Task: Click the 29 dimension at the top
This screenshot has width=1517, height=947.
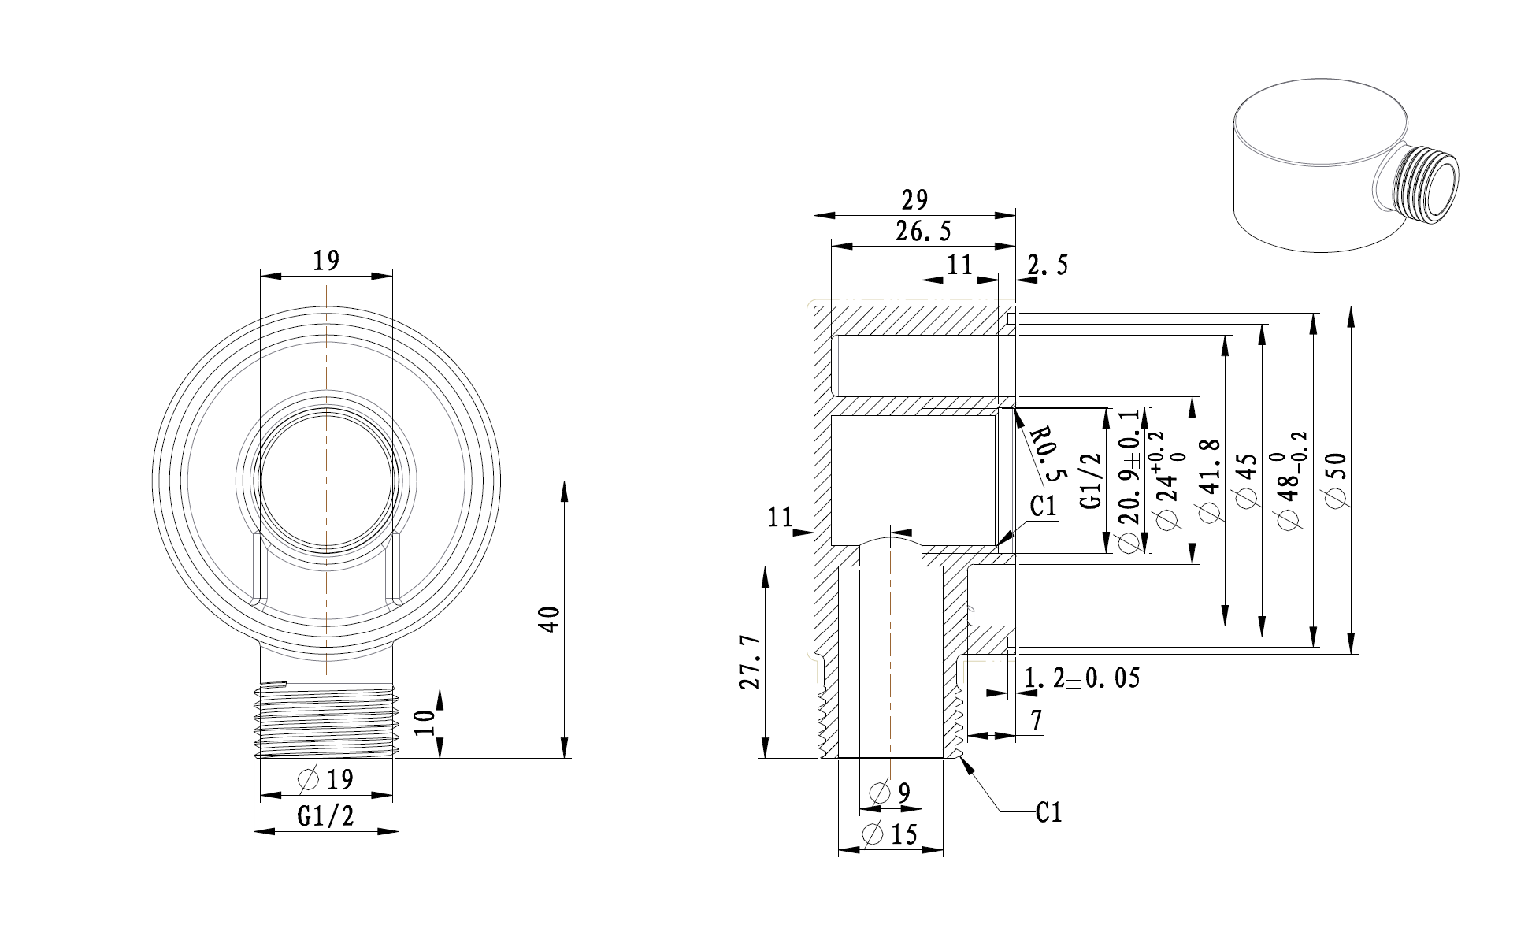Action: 914,200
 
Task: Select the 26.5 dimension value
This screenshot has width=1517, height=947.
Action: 923,232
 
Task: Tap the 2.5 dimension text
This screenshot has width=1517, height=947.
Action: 1048,266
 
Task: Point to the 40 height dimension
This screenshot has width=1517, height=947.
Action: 551,619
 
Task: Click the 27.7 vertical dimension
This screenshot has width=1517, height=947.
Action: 749,663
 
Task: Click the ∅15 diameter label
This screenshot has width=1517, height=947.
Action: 890,834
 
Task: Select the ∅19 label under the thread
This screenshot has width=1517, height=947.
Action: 326,780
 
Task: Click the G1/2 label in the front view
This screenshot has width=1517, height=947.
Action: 325,816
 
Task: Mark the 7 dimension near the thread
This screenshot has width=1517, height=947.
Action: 1035,720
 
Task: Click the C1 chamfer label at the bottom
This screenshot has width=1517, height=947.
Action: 1048,812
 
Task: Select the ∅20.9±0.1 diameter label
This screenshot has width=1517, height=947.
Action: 1129,480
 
